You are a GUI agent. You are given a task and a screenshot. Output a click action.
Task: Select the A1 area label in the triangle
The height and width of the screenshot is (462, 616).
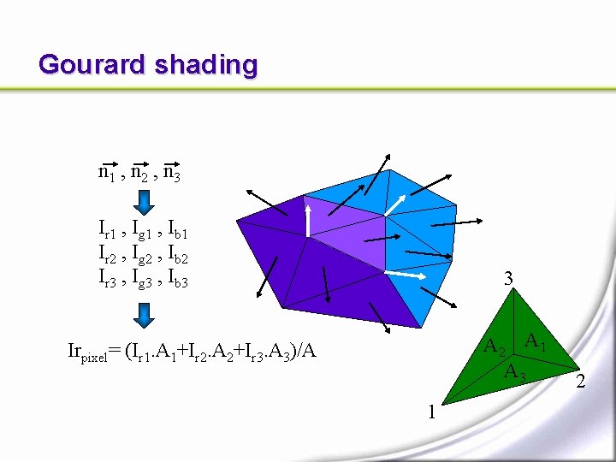(x=536, y=342)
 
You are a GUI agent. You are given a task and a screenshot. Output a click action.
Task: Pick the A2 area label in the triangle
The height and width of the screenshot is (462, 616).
(x=495, y=347)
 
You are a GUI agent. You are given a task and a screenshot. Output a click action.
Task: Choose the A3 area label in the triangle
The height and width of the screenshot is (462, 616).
(x=515, y=372)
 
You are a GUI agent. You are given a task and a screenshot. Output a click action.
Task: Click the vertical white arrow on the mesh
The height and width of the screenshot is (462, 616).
(x=307, y=219)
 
